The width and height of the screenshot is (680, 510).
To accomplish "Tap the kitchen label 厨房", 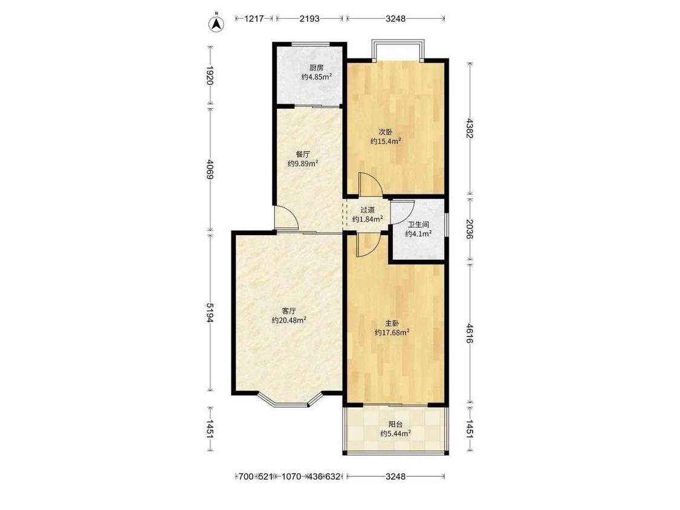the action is point(317,68).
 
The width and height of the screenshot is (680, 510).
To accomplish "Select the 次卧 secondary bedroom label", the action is point(385,132).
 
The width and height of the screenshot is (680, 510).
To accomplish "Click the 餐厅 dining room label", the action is point(303,154).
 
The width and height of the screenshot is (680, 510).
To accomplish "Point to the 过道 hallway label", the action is point(368,210).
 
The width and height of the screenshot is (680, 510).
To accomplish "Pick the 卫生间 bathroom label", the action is point(418,225).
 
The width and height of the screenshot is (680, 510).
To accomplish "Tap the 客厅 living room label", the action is point(289,311).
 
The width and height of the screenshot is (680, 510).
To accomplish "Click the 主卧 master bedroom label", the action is point(392,323).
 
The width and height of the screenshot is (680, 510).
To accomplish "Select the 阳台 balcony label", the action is point(395,425).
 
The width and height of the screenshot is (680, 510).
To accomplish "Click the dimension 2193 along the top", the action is point(309,19).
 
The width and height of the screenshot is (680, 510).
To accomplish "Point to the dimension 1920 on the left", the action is point(210,76).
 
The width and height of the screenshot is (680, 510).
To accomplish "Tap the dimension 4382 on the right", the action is point(470,128).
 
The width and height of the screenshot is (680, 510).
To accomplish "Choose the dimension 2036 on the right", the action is point(470,230).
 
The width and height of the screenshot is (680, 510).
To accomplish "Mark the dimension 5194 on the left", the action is point(210,312).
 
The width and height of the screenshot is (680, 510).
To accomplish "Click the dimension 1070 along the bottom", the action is point(291,477).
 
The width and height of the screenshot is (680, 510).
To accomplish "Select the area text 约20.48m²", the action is point(289,320).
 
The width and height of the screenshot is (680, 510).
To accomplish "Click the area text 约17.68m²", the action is point(392,332).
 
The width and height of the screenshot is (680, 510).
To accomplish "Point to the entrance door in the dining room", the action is point(287,218).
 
